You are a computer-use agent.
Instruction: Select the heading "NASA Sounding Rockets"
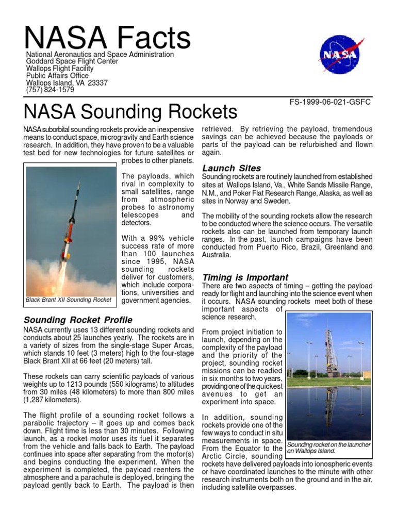[131, 112]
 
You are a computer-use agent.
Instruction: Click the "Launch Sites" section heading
[232, 168]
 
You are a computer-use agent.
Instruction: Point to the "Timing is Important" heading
[245, 277]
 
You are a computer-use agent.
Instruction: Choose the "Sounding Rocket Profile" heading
[78, 320]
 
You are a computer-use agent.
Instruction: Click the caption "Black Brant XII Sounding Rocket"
[69, 300]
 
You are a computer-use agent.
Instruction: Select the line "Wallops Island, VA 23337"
[67, 82]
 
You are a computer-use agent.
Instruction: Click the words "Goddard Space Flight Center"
[72, 61]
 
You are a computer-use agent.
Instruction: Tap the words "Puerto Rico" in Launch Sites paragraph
[269, 247]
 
